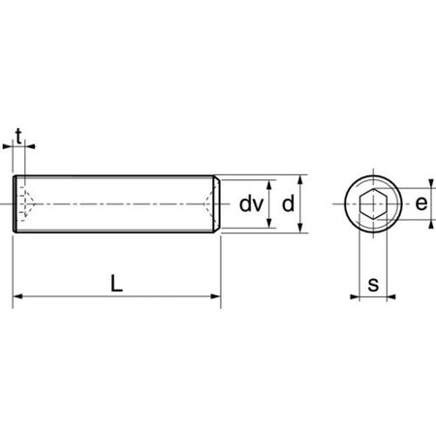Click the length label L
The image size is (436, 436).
116,284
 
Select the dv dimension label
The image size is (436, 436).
251,204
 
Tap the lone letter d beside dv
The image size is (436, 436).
287,204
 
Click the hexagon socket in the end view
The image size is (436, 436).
373,204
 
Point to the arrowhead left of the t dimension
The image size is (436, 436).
9,148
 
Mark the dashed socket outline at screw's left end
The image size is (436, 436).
26,204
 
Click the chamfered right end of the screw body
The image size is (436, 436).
218,204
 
